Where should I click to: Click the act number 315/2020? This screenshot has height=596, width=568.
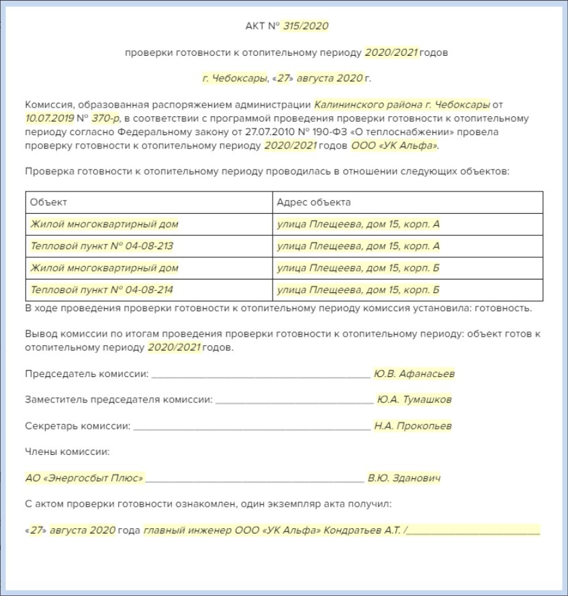[305, 26]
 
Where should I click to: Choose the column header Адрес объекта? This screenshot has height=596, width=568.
[314, 202]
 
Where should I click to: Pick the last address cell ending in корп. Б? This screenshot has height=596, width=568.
[358, 290]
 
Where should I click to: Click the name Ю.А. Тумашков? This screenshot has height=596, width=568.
[414, 399]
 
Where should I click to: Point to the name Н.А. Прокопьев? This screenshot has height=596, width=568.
[413, 425]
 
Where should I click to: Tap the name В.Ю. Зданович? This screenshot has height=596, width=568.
[404, 478]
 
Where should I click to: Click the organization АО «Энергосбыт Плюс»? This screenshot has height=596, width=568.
[85, 478]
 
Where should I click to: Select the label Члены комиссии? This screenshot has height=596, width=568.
[67, 452]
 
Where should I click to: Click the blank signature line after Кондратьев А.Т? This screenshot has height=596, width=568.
[473, 531]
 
